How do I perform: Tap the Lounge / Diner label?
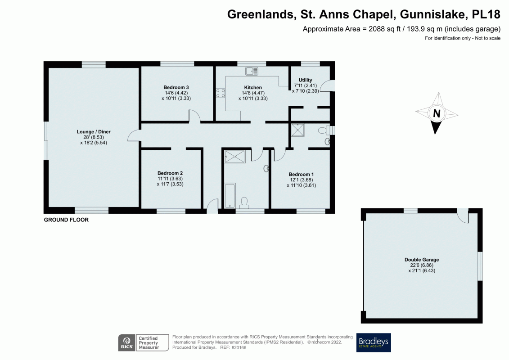[x=94, y=132]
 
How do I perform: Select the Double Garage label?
[x=421, y=260]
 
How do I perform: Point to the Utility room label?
[x=305, y=80]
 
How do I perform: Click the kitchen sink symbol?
[x=252, y=71]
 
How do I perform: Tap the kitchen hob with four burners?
[x=221, y=93]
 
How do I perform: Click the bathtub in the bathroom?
[x=230, y=195]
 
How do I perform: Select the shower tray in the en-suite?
[x=298, y=130]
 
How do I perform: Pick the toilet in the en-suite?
[x=323, y=130]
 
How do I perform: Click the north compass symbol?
[x=436, y=113]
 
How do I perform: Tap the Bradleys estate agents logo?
[x=374, y=342]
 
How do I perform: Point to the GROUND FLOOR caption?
[x=66, y=220]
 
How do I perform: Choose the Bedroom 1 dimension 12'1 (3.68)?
[x=301, y=180]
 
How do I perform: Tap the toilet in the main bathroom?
[x=244, y=202]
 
